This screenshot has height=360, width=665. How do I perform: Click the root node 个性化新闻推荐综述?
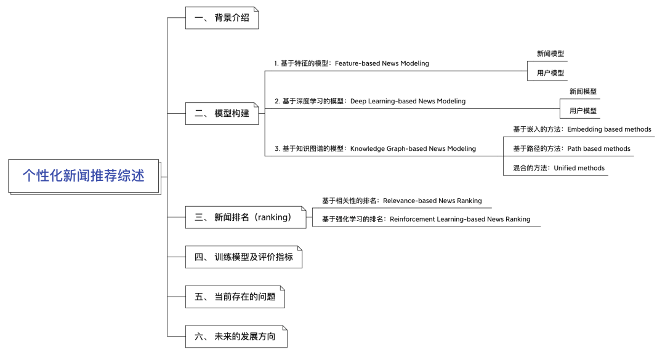(84, 177)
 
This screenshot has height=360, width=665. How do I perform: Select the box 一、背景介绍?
(222, 18)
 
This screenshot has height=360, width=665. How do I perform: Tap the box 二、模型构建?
(222, 114)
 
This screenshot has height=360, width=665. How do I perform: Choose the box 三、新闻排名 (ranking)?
(246, 217)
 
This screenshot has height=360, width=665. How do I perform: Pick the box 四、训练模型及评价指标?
(244, 257)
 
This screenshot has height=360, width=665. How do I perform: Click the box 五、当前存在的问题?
(235, 297)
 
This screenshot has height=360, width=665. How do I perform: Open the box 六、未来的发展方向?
(236, 337)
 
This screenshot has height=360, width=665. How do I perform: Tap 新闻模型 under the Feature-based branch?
(550, 54)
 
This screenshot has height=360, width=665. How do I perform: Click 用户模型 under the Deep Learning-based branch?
(583, 111)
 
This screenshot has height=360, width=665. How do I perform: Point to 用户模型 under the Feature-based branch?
(550, 73)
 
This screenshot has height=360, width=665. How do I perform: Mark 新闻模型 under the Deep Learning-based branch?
(583, 92)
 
